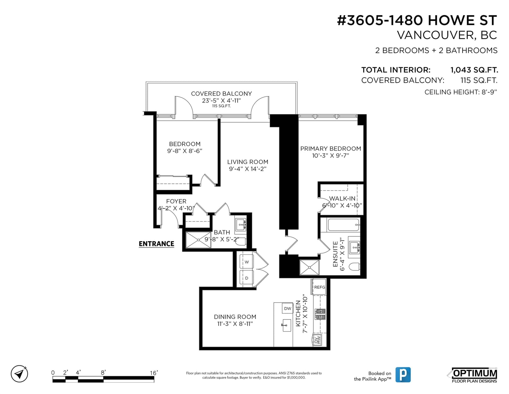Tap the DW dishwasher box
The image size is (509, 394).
tap(287, 308)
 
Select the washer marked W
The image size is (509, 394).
tap(247, 262)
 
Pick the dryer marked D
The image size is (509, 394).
tap(247, 278)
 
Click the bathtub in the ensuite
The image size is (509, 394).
tap(344, 225)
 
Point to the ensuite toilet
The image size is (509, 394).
tap(354, 267)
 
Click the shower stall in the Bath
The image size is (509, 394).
tap(198, 240)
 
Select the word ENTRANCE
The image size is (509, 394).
tap(156, 244)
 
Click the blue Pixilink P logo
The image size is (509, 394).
tap(403, 375)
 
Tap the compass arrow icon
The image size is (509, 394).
tap(19, 374)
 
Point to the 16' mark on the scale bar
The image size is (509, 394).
tap(154, 373)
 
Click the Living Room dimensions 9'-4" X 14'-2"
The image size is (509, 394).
tap(248, 169)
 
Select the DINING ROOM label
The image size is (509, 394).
tap(235, 317)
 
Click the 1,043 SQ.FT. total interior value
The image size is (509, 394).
tap(474, 70)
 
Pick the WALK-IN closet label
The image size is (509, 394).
tap(342, 198)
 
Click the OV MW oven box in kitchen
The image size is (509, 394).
tap(317, 340)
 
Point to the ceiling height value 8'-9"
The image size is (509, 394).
tap(489, 92)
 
